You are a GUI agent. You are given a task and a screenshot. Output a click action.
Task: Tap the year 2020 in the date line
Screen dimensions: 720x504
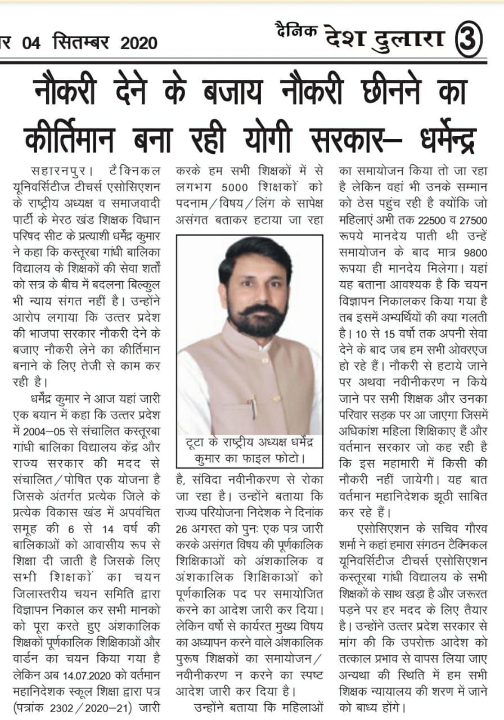click(x=138, y=43)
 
